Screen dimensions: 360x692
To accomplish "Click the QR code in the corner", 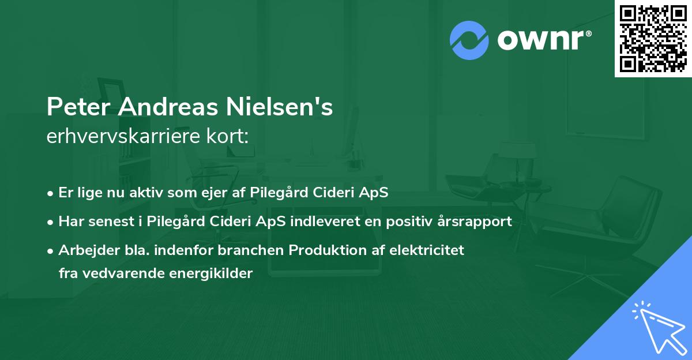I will pyautogui.click(x=653, y=38).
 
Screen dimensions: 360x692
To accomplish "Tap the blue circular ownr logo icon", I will pyautogui.click(x=469, y=40).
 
